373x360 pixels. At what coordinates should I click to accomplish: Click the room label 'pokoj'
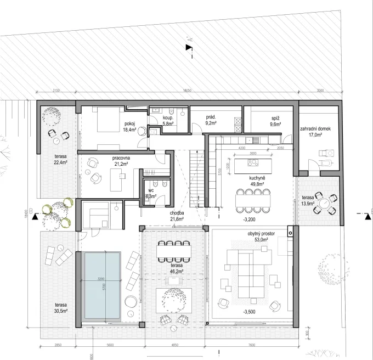click(129, 124)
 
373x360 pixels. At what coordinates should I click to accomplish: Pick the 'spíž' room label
click(275, 118)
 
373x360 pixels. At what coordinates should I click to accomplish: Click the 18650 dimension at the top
click(188, 91)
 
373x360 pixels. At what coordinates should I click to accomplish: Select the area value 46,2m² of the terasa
click(175, 271)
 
